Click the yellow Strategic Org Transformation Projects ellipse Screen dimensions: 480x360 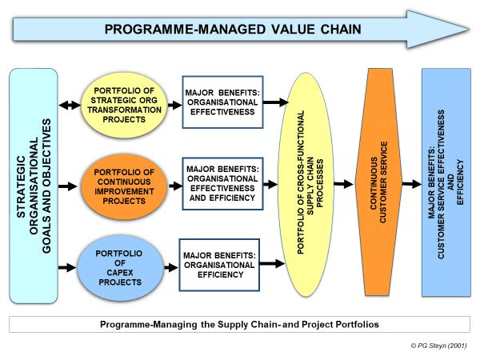pos(124,105)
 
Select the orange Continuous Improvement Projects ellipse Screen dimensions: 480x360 pos(124,186)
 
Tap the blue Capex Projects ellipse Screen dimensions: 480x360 pos(120,268)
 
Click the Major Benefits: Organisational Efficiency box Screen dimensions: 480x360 pos(219,265)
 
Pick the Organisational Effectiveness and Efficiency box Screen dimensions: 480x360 pos(222,184)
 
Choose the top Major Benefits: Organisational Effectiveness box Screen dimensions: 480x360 pos(222,102)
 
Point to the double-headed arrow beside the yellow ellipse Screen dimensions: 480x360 pos(70,105)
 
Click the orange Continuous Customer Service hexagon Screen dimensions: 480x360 pos(378,182)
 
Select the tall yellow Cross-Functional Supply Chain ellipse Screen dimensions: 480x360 pos(306,184)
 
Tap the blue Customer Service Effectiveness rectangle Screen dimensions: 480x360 pos(446,182)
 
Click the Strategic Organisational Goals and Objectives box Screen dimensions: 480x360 pos(34,186)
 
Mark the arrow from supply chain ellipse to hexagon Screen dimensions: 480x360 pos(343,184)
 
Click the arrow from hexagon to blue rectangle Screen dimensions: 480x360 pos(412,184)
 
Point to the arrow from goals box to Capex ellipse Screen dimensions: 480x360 pos(67,267)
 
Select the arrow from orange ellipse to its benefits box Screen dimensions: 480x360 pos(175,186)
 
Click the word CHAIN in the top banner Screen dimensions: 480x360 pos(341,30)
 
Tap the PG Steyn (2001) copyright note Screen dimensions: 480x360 pos(438,346)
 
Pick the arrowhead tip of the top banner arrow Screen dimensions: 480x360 pos(470,30)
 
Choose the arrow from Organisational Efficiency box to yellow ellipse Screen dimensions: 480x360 pos(272,263)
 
